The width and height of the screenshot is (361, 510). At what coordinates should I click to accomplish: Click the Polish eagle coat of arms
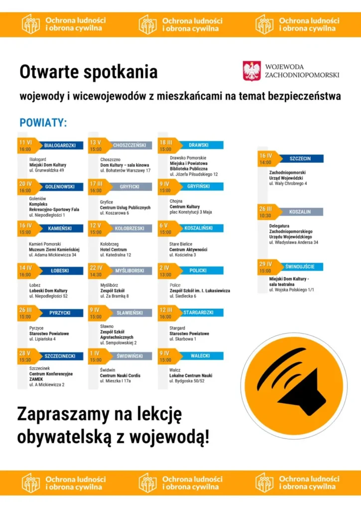tap(252, 71)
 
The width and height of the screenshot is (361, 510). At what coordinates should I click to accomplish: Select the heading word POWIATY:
tap(43, 123)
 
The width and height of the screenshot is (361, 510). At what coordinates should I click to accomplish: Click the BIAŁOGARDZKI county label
tap(60, 145)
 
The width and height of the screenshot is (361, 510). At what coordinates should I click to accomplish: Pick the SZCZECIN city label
tap(300, 159)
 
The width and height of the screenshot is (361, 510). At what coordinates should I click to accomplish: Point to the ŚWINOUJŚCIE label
tap(300, 267)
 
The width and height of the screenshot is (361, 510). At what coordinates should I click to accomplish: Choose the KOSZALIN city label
tap(300, 212)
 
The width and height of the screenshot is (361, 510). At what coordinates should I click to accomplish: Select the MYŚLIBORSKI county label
tap(130, 270)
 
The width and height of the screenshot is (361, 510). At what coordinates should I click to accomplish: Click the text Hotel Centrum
tap(114, 250)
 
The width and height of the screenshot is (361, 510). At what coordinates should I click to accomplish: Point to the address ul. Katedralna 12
tap(116, 255)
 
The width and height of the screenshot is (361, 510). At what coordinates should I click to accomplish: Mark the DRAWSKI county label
tap(199, 145)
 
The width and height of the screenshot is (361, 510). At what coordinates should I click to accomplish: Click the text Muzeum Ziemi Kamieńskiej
tap(54, 250)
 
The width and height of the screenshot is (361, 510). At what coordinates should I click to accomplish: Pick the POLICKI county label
tap(199, 270)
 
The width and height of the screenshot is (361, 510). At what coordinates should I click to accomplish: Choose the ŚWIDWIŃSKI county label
tap(130, 356)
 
